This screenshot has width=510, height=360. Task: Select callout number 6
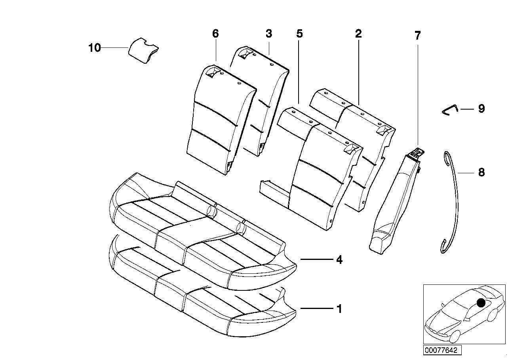215,34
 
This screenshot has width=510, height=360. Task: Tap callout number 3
269,34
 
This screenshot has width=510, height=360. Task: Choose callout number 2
358,34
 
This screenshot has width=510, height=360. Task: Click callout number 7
418,36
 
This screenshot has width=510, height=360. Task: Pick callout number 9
481,109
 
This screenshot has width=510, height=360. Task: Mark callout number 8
481,172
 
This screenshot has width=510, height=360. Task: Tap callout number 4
339,260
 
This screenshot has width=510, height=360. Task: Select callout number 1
339,309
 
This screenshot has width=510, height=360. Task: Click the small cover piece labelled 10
143,50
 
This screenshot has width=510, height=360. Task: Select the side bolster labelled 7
392,202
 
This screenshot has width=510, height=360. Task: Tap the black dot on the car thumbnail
481,303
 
